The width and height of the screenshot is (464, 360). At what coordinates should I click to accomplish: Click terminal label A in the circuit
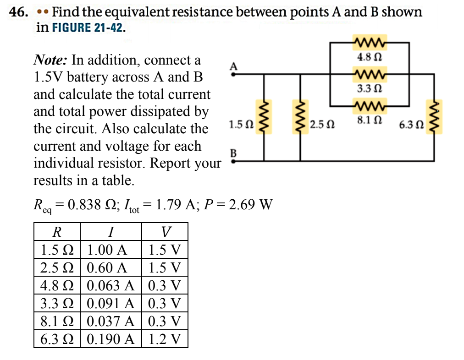pyautogui.click(x=233, y=65)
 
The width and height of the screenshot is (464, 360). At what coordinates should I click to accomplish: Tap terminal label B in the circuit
pyautogui.click(x=233, y=153)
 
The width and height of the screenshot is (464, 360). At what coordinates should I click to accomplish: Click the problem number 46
pyautogui.click(x=18, y=12)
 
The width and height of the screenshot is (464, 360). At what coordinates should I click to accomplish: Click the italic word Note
pyautogui.click(x=50, y=60)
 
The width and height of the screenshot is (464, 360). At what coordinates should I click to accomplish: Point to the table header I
pyautogui.click(x=110, y=232)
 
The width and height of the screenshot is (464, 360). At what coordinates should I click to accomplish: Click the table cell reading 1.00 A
pyautogui.click(x=106, y=250)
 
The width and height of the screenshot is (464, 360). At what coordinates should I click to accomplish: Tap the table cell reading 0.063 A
pyautogui.click(x=110, y=286)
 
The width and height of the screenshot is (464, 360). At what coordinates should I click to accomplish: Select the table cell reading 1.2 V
pyautogui.click(x=165, y=339)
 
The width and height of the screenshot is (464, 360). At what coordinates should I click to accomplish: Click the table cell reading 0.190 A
pyautogui.click(x=110, y=339)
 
